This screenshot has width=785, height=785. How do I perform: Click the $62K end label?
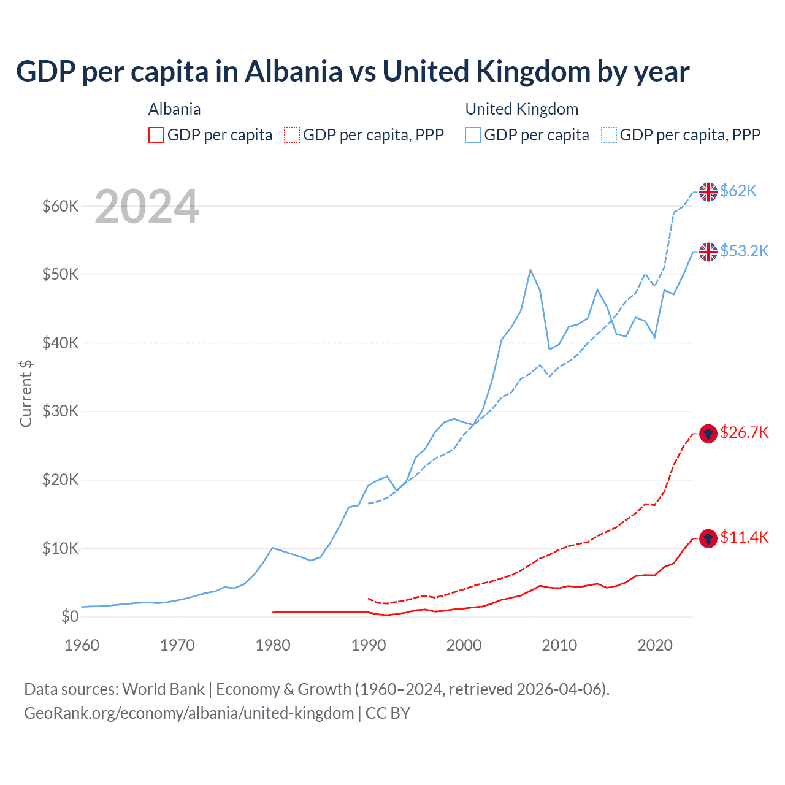(738, 191)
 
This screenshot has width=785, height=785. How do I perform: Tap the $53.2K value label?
(744, 251)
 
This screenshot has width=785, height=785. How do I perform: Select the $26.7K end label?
(744, 433)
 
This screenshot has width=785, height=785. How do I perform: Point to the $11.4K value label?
(744, 538)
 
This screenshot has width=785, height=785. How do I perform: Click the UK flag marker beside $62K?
(708, 192)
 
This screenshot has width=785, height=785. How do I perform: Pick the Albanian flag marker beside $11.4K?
(708, 539)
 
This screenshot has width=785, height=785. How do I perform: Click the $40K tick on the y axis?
(60, 343)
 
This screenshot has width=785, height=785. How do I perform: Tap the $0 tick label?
(70, 616)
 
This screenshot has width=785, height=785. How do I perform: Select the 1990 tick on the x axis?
(369, 645)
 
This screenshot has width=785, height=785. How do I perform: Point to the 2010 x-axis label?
(560, 645)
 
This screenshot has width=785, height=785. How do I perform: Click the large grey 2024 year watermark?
(147, 207)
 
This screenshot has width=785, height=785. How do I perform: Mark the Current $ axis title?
(26, 393)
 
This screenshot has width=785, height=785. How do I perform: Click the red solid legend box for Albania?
(156, 135)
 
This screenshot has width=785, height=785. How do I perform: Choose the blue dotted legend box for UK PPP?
(609, 135)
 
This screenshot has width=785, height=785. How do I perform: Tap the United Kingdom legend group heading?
(521, 109)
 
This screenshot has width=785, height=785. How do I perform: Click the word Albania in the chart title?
(293, 72)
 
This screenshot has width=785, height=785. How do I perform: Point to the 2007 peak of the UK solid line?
(530, 270)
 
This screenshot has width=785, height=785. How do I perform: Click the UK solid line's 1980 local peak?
(272, 548)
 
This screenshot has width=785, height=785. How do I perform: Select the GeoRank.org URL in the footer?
(189, 713)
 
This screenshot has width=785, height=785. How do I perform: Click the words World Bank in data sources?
(163, 689)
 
